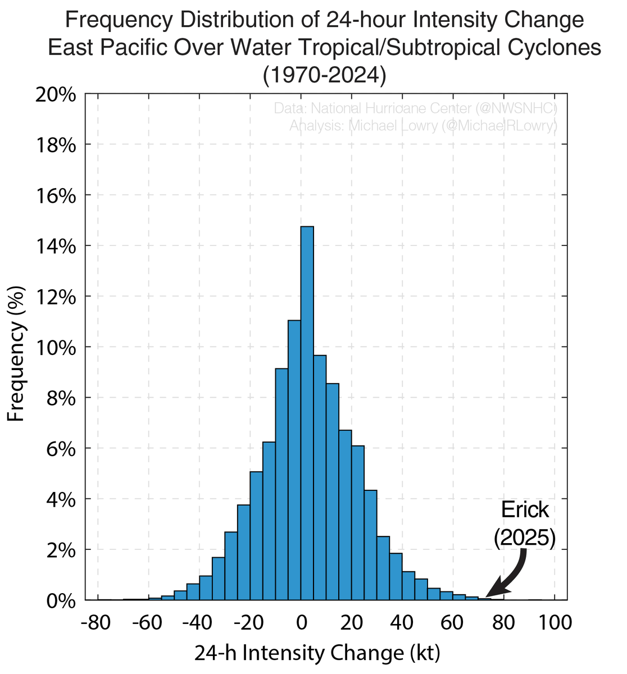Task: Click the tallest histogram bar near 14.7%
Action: click(307, 413)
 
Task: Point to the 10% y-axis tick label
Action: click(55, 348)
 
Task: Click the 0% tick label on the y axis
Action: click(60, 601)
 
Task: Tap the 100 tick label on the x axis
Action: click(555, 623)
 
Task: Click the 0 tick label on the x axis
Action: click(301, 623)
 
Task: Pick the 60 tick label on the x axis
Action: click(453, 623)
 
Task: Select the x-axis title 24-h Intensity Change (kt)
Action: click(317, 653)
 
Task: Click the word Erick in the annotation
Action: click(524, 509)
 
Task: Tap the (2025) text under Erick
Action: click(524, 538)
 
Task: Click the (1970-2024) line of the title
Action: click(324, 76)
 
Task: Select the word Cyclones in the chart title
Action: click(549, 48)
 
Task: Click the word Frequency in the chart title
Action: click(119, 21)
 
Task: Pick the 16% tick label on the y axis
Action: click(55, 196)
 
